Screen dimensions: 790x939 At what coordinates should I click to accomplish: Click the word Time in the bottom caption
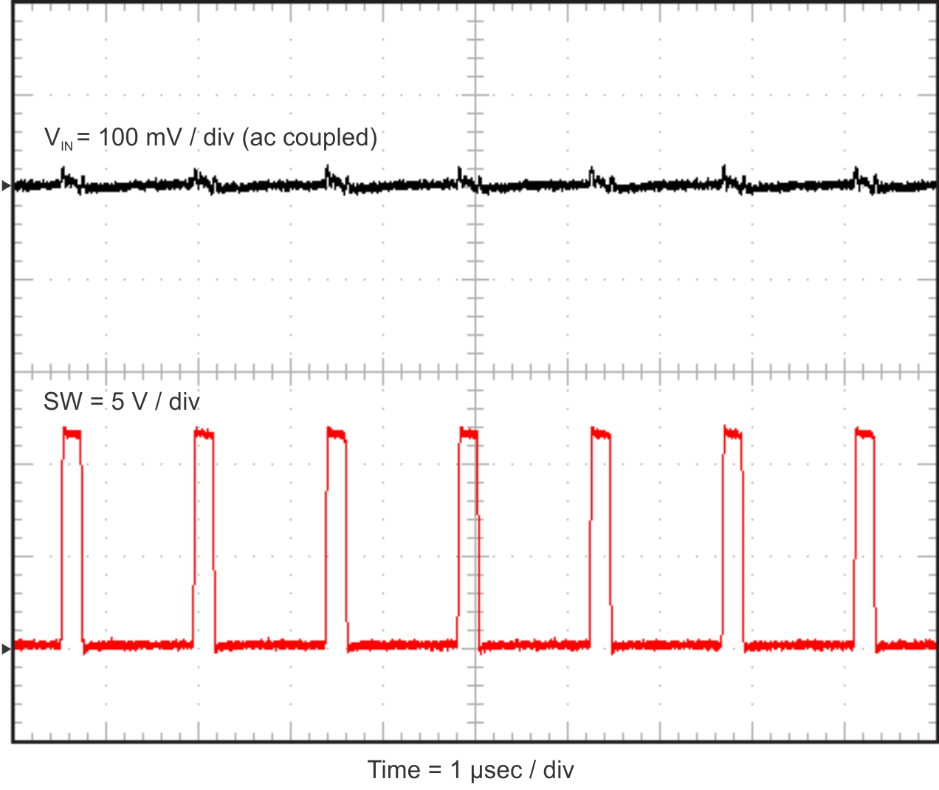click(393, 770)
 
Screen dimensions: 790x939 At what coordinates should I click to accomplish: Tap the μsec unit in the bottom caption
click(496, 771)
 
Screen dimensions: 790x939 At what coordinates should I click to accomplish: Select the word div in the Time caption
click(558, 770)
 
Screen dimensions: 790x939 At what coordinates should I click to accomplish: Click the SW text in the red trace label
click(63, 402)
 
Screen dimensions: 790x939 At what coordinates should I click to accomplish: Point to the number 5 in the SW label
click(118, 402)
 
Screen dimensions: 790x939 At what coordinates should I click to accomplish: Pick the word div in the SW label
click(184, 402)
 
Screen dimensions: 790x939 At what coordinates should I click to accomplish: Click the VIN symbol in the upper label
click(58, 138)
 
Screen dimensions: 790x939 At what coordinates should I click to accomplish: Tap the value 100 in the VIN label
click(118, 137)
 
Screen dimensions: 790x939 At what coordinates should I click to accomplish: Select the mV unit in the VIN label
click(164, 137)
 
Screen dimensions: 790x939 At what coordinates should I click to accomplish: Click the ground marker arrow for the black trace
click(6, 186)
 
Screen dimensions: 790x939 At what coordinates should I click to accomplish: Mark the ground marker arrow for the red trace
click(6, 649)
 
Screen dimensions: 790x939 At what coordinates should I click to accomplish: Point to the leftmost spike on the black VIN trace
click(65, 176)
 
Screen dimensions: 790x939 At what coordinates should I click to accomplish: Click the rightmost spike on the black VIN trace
click(856, 175)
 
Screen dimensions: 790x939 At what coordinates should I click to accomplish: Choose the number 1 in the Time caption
click(455, 770)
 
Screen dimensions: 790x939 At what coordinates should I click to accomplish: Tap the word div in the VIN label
click(219, 137)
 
